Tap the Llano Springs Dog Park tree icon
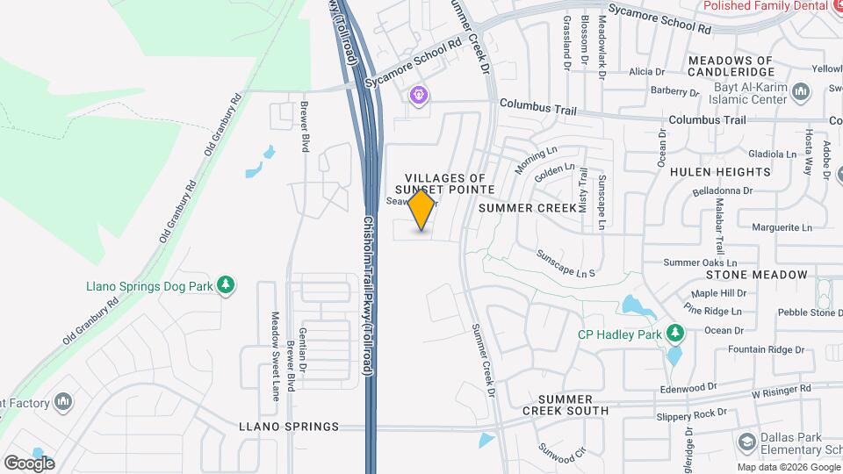tap(227, 284)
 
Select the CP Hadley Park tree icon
tap(674, 334)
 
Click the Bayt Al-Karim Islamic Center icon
tap(800, 91)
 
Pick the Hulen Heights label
tap(719, 172)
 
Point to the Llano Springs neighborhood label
tap(289, 427)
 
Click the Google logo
tap(29, 463)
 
